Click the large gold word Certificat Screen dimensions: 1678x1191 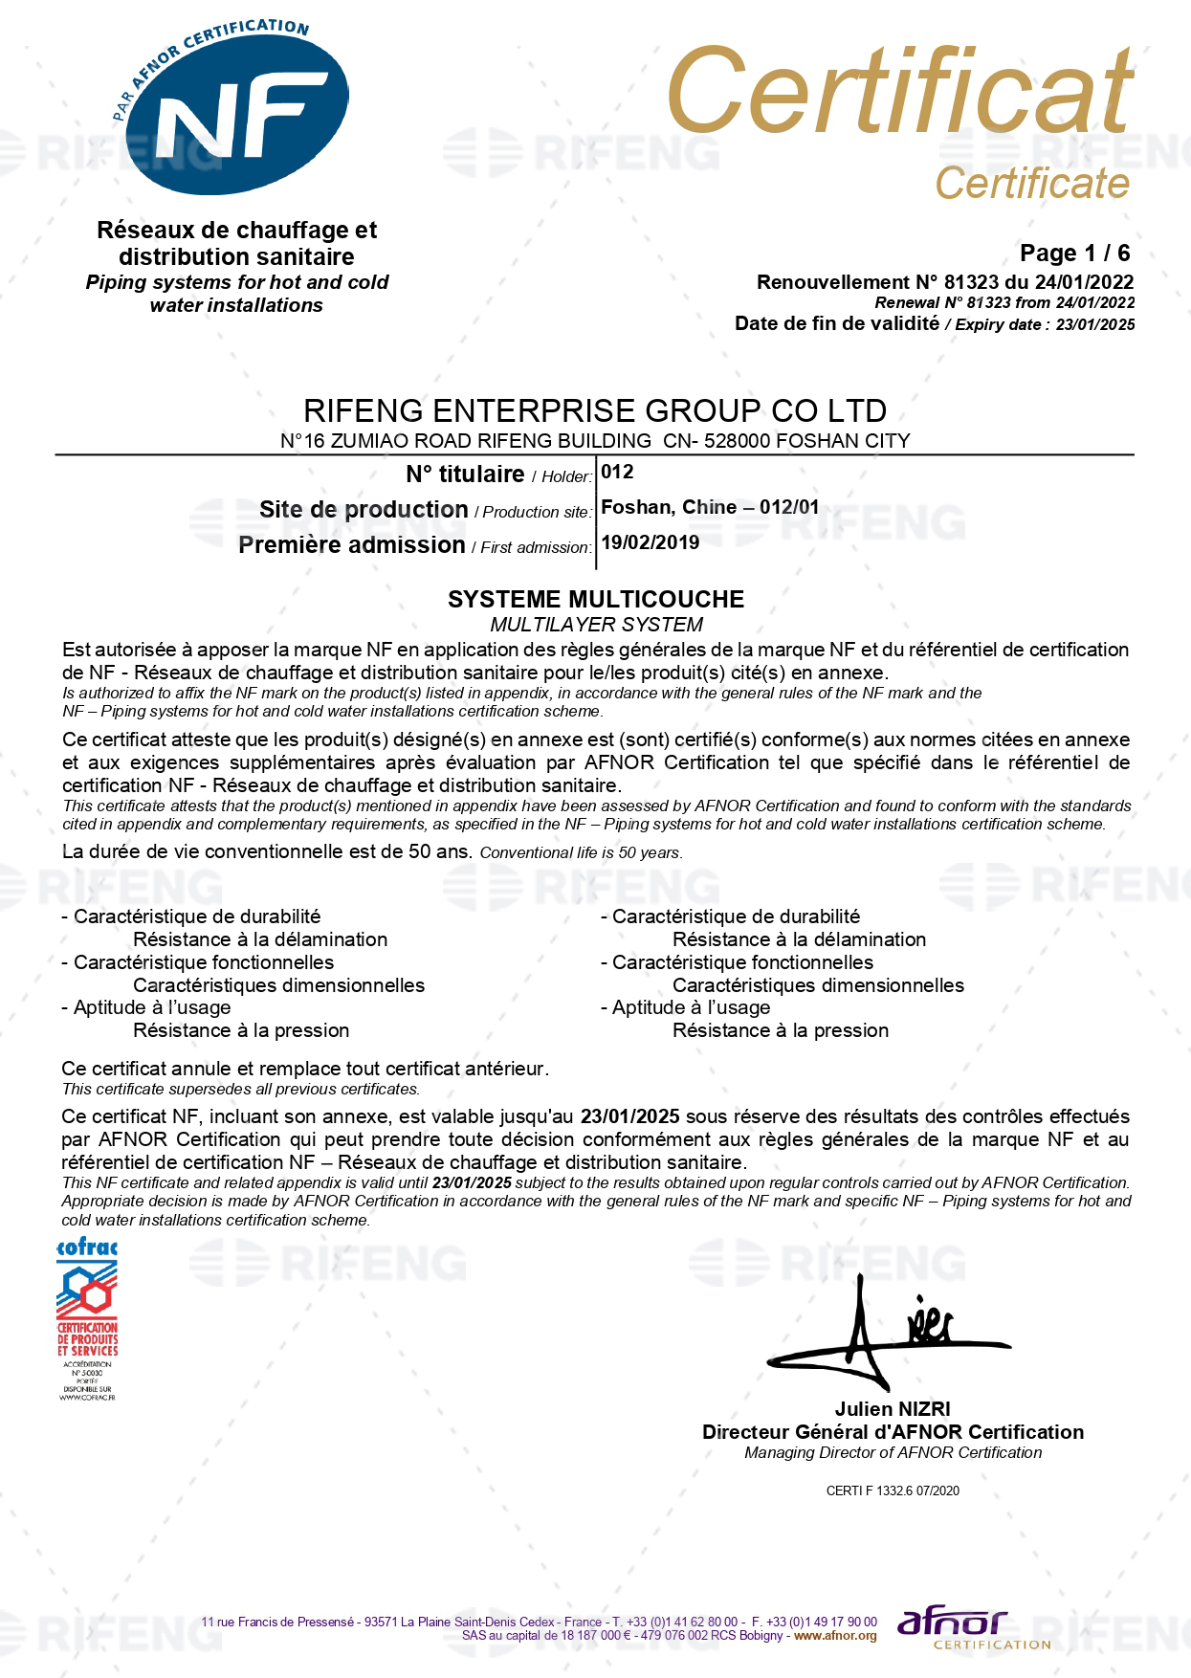[899, 92]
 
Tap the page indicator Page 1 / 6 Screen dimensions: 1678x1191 [1074, 253]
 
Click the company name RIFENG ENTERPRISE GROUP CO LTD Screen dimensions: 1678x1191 [594, 410]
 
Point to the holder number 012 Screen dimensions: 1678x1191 [617, 472]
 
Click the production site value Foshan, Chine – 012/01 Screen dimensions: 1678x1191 [709, 507]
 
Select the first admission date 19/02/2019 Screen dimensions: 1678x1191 [650, 542]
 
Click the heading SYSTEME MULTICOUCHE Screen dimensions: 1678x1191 [595, 599]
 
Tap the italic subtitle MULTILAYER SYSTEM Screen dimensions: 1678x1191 [595, 625]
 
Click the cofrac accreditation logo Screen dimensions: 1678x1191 [87, 1319]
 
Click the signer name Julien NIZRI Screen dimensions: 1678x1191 [892, 1408]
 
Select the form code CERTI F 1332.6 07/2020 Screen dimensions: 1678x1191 [892, 1490]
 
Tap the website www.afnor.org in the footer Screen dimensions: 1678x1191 [835, 1636]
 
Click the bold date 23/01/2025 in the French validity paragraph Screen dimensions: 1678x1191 [629, 1116]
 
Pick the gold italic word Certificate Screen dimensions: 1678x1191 [1031, 183]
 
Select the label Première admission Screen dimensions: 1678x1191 [351, 544]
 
